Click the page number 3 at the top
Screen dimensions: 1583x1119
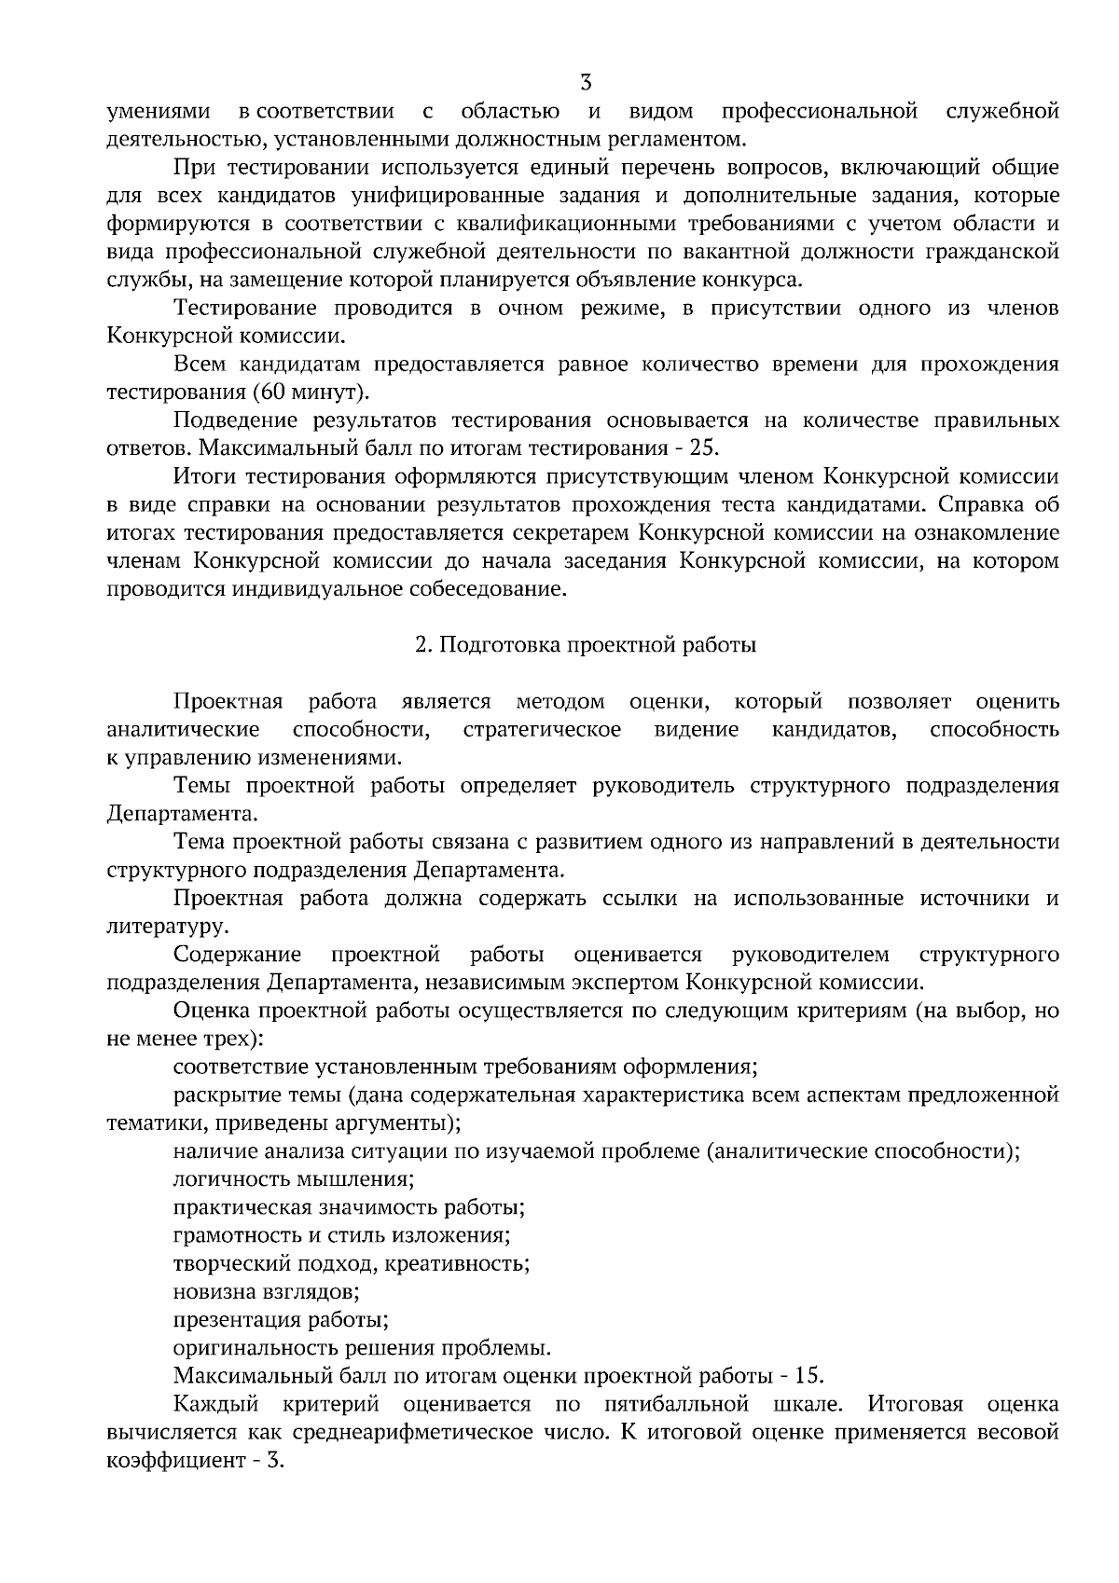point(586,82)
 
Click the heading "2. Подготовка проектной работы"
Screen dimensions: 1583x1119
point(586,645)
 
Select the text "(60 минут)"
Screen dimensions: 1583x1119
point(310,392)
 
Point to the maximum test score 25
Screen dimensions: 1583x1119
point(704,447)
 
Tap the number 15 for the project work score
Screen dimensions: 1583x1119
point(811,1376)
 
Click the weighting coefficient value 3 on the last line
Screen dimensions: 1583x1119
point(273,1461)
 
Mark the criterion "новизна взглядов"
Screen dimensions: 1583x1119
point(266,1292)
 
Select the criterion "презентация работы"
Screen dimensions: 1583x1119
point(281,1320)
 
